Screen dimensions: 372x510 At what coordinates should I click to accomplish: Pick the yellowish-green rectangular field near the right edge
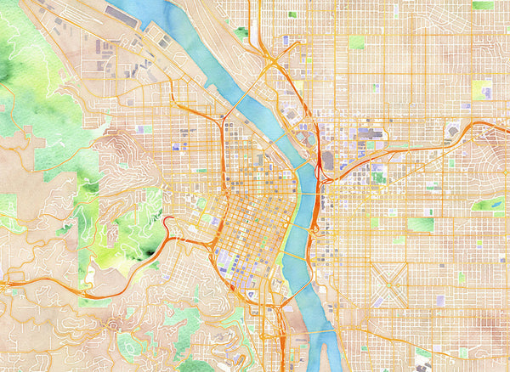click(x=481, y=90)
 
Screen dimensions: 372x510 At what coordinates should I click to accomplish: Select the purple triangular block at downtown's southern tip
click(x=252, y=294)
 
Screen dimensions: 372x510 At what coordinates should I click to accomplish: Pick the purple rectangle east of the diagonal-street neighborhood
click(x=440, y=300)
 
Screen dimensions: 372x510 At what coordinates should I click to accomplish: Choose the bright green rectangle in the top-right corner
click(x=482, y=5)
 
